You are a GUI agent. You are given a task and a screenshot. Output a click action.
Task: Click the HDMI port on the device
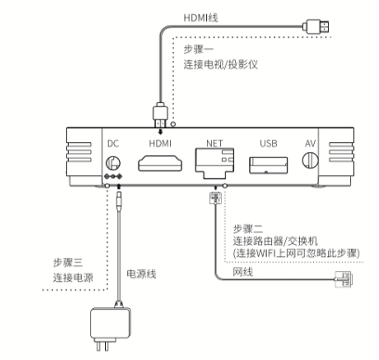160,163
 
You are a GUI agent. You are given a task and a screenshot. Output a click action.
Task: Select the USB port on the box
268,165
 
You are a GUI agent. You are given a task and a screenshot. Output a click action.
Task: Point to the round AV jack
310,160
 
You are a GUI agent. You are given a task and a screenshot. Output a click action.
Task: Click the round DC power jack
113,162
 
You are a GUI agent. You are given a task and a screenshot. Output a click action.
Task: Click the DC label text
113,144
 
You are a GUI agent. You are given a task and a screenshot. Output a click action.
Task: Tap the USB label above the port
268,143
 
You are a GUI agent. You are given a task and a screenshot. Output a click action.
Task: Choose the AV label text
310,143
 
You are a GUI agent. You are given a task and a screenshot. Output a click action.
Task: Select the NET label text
215,143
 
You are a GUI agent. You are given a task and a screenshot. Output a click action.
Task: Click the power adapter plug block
111,324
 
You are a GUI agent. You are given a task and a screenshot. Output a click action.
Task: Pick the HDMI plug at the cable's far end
318,27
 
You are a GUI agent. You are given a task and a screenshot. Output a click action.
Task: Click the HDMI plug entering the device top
160,114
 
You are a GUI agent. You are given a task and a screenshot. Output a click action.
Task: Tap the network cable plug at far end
345,279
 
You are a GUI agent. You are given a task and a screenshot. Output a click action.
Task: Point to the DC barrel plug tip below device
119,201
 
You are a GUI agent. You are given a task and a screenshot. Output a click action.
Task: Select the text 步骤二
248,229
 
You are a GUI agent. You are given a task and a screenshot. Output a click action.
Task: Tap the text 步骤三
68,263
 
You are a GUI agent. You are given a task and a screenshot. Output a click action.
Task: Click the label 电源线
141,274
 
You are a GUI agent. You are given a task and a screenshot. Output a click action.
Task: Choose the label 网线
242,272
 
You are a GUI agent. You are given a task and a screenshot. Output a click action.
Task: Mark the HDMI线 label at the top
201,18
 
